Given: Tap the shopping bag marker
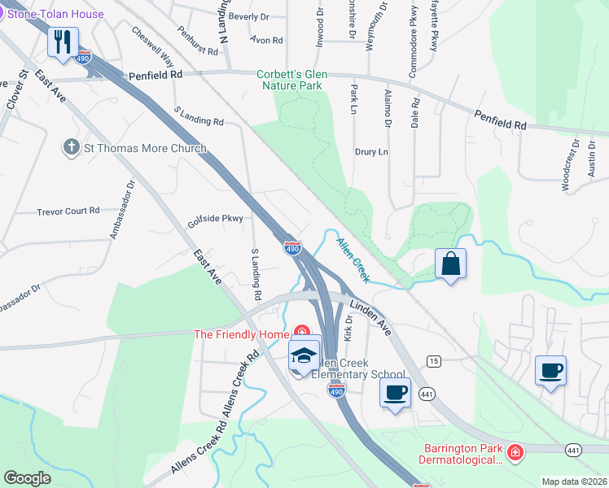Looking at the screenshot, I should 450,264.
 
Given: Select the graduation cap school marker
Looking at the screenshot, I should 304,356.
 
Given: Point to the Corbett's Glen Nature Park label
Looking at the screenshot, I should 292,80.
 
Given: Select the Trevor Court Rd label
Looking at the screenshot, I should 68,211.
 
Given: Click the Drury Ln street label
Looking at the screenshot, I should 371,152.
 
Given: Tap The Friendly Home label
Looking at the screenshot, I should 241,334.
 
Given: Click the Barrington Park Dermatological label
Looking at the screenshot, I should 462,454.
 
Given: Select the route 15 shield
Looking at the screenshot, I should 433,360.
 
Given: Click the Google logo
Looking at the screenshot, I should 28,478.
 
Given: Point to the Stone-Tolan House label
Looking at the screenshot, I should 55,14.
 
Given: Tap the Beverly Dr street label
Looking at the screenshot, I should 248,16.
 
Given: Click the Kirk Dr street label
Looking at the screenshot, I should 348,329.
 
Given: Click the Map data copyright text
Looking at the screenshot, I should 575,481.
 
